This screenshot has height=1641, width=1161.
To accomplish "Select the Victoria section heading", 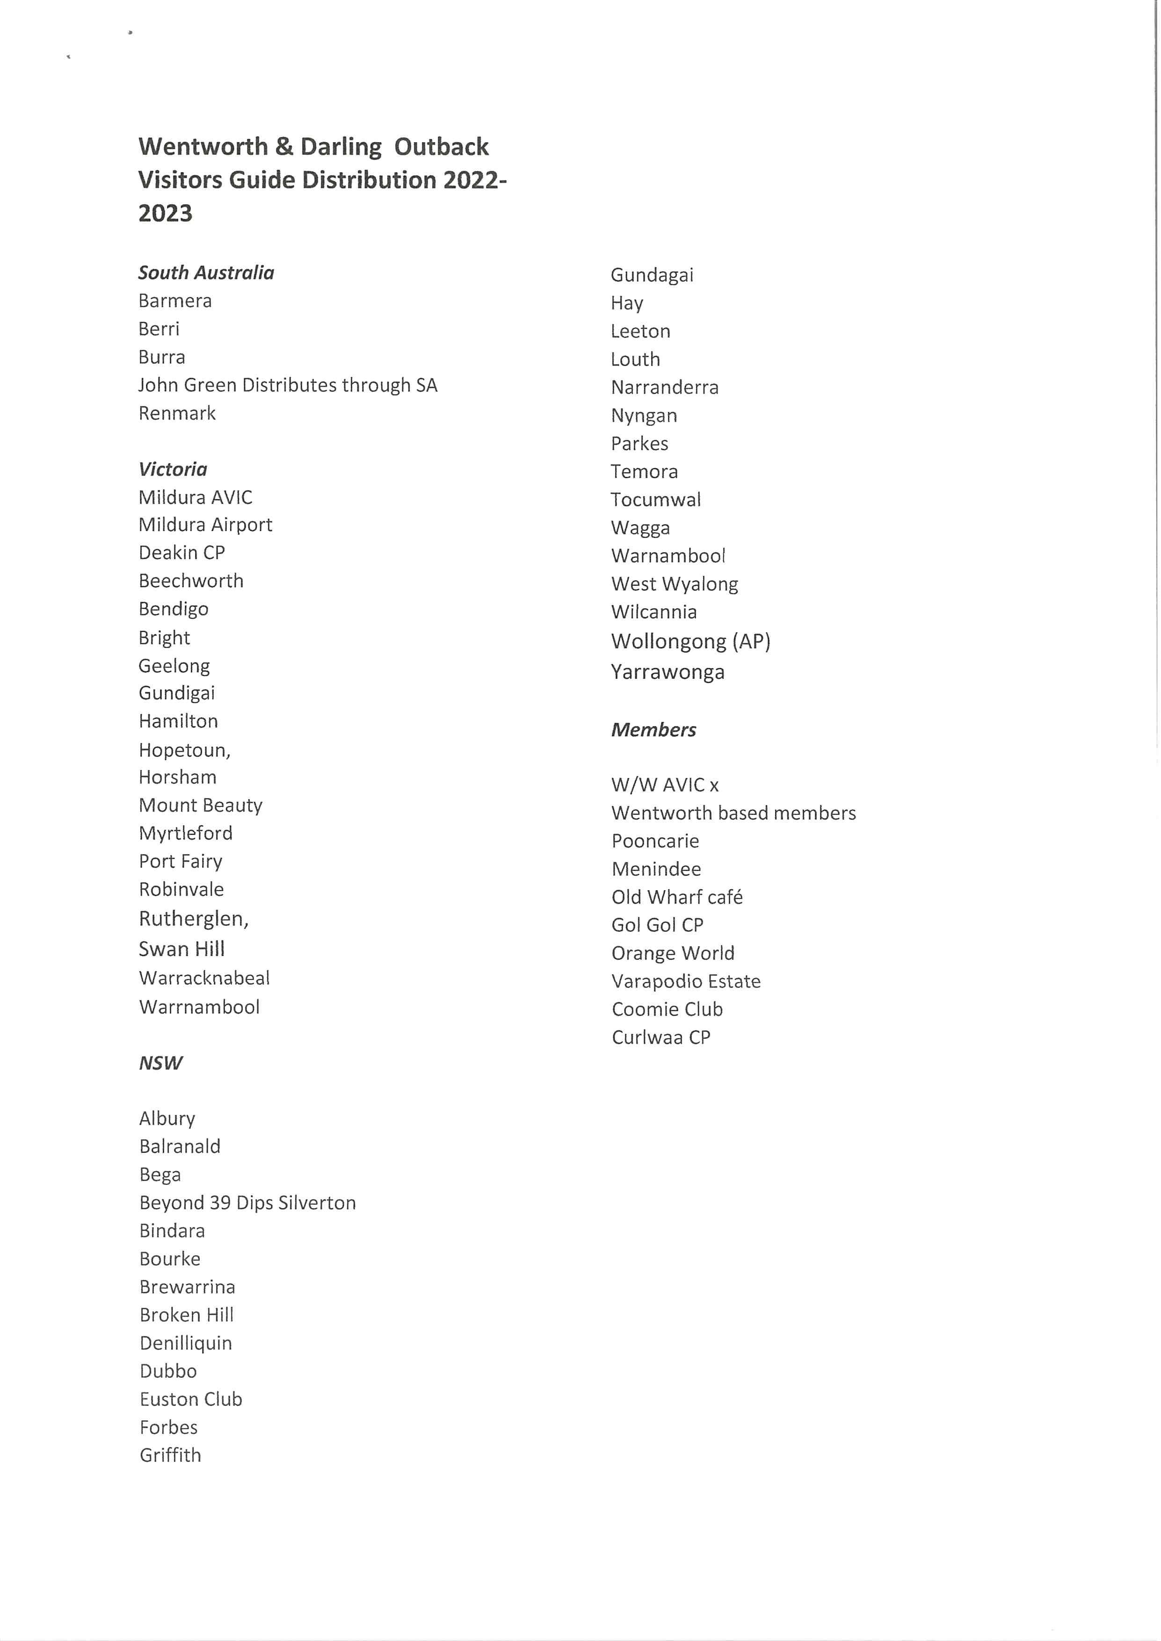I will pyautogui.click(x=173, y=469).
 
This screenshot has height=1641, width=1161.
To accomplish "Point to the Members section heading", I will pyautogui.click(x=653, y=730).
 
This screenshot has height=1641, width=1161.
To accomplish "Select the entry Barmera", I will pyautogui.click(x=175, y=301).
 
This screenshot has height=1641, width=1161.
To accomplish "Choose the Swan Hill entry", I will pyautogui.click(x=181, y=949).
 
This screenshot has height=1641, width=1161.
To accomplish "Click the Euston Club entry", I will pyautogui.click(x=191, y=1399).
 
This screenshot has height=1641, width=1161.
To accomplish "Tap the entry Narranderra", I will pyautogui.click(x=665, y=388).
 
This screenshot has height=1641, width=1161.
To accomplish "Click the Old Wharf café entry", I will pyautogui.click(x=677, y=897).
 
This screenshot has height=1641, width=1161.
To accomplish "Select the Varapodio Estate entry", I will pyautogui.click(x=686, y=981).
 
